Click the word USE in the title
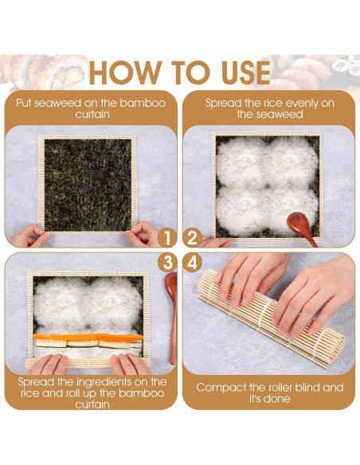coord(237,72)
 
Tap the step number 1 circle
coord(167,237)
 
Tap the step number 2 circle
coord(192,237)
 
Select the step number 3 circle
coord(167,261)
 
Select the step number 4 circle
coord(192,261)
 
